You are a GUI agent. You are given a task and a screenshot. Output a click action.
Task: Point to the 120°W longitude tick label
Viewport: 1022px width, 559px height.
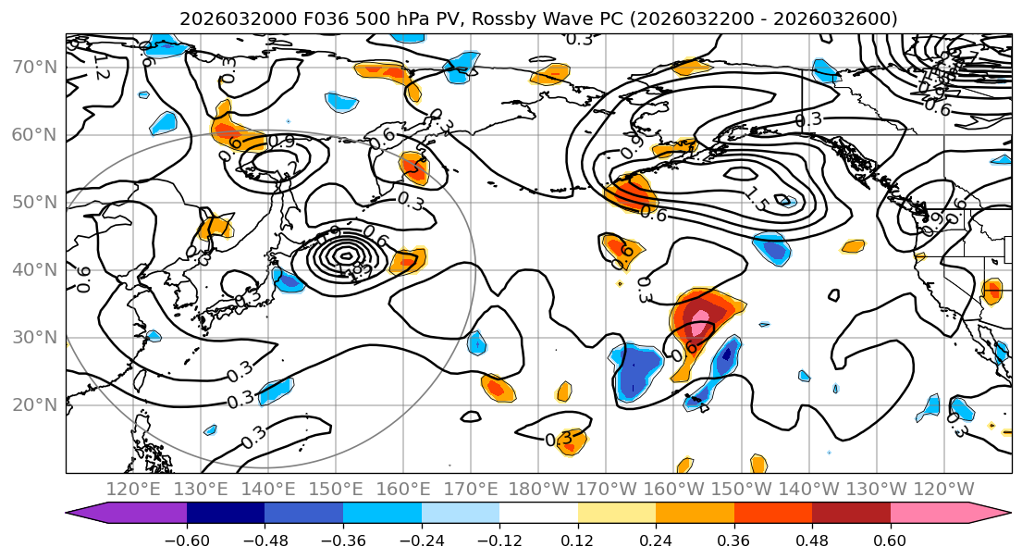coord(943,490)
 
